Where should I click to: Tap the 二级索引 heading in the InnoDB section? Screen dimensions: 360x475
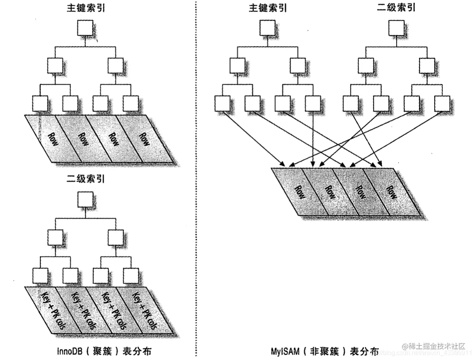85,179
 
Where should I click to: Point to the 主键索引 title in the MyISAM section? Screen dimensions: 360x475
268,8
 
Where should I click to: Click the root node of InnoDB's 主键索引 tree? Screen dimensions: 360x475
85,28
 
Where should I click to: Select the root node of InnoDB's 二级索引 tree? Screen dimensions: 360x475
85,199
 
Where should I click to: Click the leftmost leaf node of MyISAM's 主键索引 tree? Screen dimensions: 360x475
222,104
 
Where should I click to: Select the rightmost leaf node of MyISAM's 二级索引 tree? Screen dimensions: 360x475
442,104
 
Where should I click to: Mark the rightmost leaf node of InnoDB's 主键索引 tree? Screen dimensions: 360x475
131,104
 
